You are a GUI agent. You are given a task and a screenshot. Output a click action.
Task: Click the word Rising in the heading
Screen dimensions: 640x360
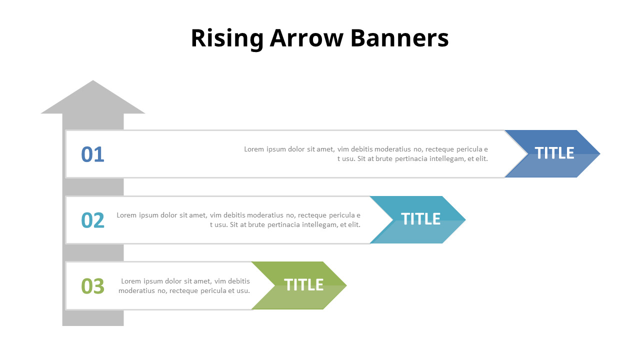227,38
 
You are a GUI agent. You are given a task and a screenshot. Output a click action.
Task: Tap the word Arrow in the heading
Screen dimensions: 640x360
306,38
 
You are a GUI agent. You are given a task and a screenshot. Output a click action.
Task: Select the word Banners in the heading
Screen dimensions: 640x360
399,38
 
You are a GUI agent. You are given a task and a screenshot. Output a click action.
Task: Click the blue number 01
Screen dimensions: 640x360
92,154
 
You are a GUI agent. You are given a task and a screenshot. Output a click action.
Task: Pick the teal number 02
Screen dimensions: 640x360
92,220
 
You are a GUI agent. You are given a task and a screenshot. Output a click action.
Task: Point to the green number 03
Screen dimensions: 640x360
92,286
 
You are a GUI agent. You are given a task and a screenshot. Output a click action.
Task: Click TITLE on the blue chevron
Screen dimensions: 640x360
554,153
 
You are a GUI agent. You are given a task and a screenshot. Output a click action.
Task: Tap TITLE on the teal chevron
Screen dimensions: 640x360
420,219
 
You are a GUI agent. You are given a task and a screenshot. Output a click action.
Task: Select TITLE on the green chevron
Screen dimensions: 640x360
303,285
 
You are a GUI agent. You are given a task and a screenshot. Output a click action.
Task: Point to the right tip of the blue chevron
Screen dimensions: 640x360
600,153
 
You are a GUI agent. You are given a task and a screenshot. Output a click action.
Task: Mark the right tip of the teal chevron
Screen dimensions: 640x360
465,219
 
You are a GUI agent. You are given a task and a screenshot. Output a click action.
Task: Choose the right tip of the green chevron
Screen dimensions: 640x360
346,285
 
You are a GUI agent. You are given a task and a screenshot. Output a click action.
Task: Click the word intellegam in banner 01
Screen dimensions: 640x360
447,159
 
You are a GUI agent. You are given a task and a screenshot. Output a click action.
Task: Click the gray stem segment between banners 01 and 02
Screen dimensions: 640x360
93,187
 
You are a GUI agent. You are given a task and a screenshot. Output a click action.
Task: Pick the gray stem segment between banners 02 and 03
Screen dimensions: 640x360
93,252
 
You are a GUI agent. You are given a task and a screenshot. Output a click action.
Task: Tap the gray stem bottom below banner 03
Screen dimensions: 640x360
93,318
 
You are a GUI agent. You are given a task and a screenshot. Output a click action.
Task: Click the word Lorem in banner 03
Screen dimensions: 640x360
131,281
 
